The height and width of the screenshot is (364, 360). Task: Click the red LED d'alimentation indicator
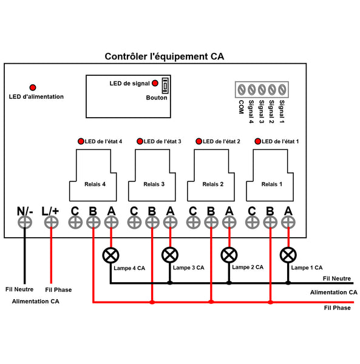coord(33,87)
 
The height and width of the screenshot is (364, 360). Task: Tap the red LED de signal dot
coord(155,83)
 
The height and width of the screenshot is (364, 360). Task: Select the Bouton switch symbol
coord(165,86)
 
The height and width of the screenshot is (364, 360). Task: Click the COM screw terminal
coord(242,90)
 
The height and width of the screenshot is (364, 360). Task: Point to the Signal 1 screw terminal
coord(282,90)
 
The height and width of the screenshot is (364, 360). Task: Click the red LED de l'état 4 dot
coord(81,141)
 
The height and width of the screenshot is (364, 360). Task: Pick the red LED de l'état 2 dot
coord(199,141)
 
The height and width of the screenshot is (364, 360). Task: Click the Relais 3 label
coord(154,184)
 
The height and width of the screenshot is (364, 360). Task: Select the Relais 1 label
coord(272,184)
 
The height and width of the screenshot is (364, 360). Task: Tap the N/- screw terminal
coord(25,223)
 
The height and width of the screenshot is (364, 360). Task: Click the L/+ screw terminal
coord(51,223)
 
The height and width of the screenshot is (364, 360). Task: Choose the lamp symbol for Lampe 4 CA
coord(110,255)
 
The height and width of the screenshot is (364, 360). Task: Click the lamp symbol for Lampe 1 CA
coord(288,255)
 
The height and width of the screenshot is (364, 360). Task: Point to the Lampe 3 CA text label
coord(189,268)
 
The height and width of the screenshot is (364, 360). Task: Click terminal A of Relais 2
coord(229,223)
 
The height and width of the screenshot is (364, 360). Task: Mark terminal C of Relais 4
coord(75,223)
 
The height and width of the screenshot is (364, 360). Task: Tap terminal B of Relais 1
coord(270,223)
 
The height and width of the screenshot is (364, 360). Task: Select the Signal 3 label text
coord(262,112)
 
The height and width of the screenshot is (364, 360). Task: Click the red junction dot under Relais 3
coord(152,302)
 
